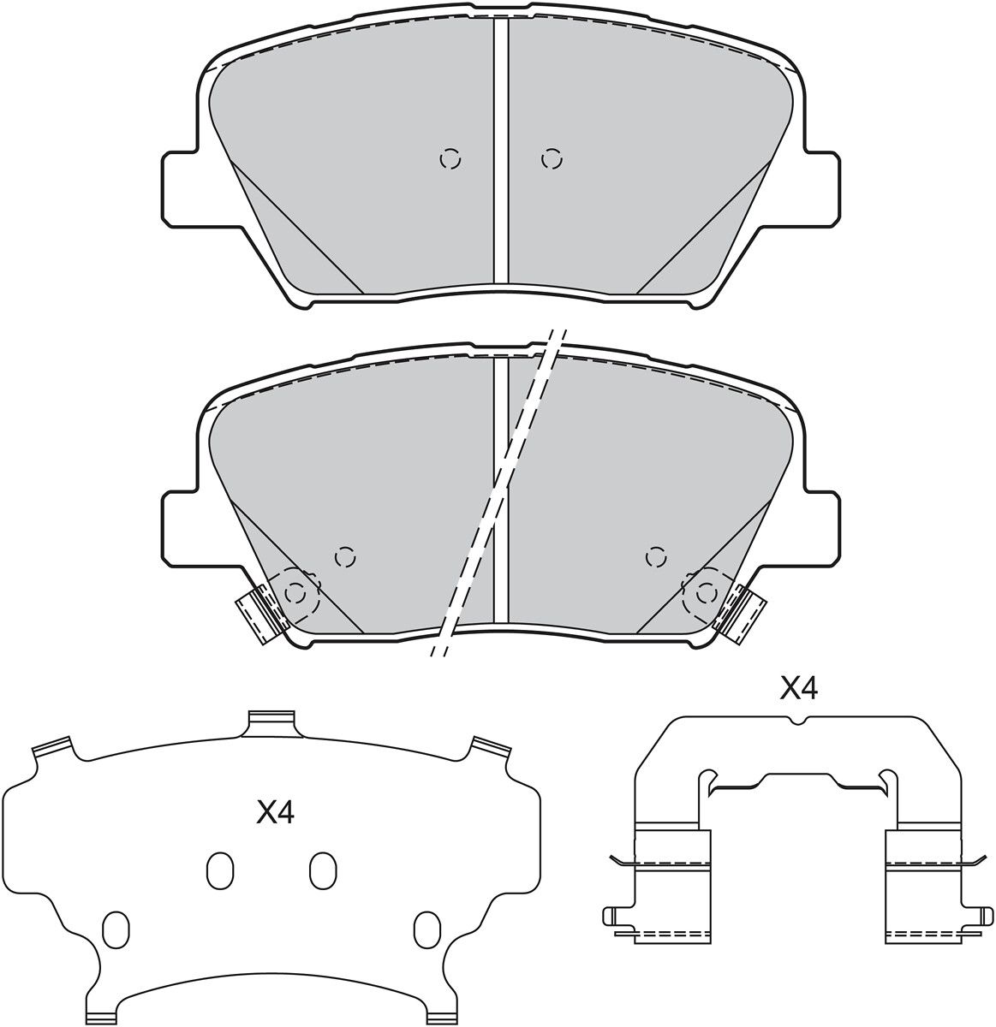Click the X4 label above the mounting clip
pyautogui.click(x=798, y=689)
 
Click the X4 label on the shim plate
pyautogui.click(x=275, y=813)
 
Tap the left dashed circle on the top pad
pyautogui.click(x=450, y=159)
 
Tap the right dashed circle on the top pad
pyautogui.click(x=552, y=159)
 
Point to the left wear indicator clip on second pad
pyautogui.click(x=257, y=614)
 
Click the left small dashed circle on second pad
pyautogui.click(x=345, y=557)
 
